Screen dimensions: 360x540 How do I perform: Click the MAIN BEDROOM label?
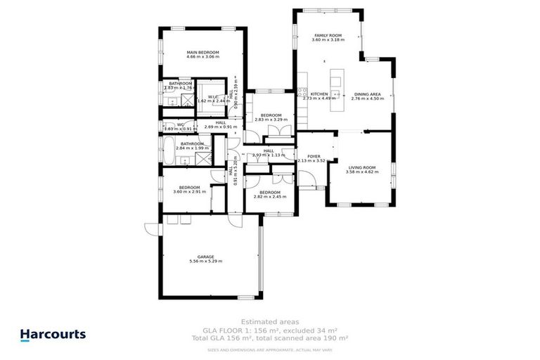tap(202, 52)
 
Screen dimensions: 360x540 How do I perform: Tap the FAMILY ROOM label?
tap(324, 35)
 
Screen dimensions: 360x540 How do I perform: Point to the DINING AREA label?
tap(368, 94)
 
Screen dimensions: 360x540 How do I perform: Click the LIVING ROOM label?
tap(362, 167)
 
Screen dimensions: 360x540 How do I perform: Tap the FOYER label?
tap(314, 156)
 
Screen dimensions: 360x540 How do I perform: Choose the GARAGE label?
tap(205, 257)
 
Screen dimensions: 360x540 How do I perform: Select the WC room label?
tap(180, 124)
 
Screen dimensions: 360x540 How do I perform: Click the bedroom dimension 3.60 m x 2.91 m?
tap(190, 191)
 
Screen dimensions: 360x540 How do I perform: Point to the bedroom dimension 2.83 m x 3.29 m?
tap(271, 120)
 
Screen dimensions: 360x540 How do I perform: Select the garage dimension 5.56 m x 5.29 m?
tap(205, 262)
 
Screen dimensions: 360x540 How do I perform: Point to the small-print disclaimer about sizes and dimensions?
tap(270, 349)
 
